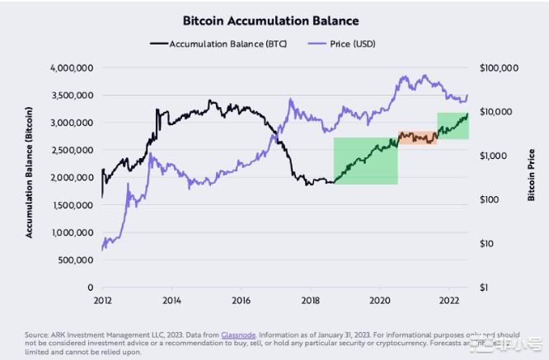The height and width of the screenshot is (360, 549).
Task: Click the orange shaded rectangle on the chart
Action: pyautogui.click(x=417, y=138)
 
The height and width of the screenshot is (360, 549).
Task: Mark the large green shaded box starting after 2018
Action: pyautogui.click(x=365, y=161)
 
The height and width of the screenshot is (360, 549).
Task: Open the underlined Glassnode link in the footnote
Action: pyautogui.click(x=237, y=334)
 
